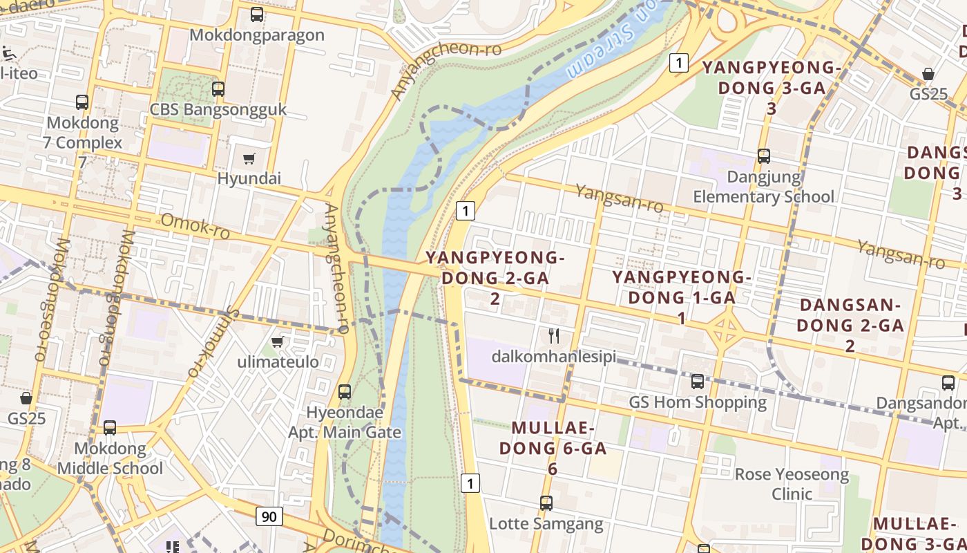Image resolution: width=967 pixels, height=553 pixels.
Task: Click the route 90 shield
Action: click(x=269, y=516)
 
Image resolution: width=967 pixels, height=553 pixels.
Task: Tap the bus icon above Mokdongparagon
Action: click(x=257, y=14)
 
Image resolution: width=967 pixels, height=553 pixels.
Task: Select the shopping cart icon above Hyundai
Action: click(x=249, y=159)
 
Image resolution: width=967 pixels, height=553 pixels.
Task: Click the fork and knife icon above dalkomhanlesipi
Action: click(x=553, y=336)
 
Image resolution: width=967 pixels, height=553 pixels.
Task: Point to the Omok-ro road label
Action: click(x=195, y=226)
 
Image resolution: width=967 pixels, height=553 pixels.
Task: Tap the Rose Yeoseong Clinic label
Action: click(x=792, y=484)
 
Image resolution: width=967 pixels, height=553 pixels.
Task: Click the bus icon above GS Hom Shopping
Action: click(x=698, y=381)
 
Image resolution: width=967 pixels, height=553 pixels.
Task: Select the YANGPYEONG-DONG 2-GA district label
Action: click(x=495, y=277)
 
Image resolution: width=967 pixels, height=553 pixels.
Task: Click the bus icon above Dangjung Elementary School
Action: click(x=764, y=156)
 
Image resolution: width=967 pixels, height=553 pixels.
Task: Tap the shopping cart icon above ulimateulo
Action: click(x=278, y=341)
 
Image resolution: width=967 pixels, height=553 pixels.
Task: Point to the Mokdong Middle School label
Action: click(x=110, y=458)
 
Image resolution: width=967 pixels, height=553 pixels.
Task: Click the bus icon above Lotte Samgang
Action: click(x=546, y=503)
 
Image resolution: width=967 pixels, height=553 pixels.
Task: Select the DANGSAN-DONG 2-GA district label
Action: click(x=850, y=325)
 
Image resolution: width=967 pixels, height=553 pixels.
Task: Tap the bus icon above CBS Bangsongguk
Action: click(x=218, y=88)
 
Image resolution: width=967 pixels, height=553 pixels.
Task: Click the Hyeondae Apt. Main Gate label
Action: click(x=345, y=422)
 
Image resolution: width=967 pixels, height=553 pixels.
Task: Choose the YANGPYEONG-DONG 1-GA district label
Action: click(x=682, y=297)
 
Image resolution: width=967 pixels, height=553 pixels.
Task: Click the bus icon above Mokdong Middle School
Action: click(x=110, y=428)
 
